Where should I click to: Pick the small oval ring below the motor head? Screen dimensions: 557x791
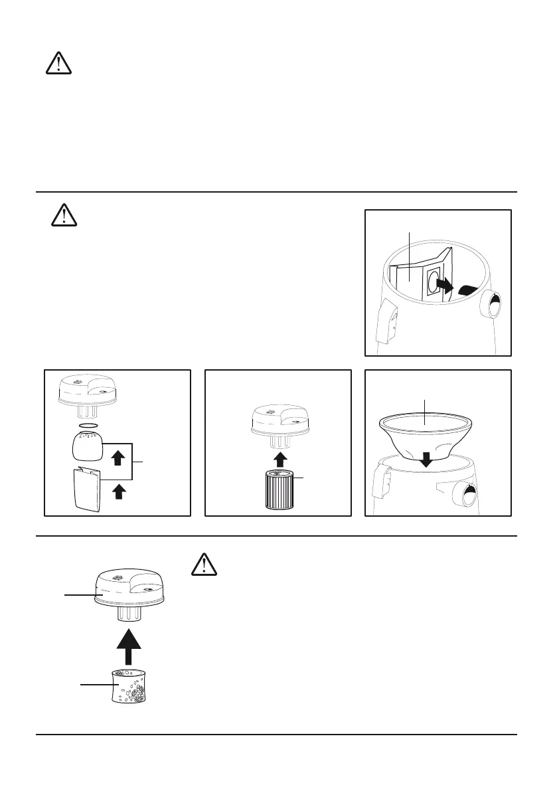[x=88, y=424]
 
